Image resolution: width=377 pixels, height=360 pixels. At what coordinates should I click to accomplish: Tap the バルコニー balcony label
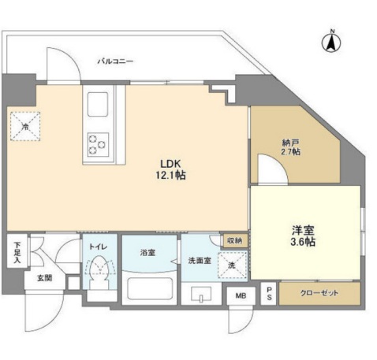click(116, 61)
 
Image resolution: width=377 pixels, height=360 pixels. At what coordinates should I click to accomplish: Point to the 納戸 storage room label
click(291, 142)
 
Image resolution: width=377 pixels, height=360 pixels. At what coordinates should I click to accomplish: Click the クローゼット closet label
click(319, 293)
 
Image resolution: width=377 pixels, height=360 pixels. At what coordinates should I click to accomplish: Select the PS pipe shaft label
click(268, 293)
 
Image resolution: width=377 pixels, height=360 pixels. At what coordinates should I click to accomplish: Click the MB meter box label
click(239, 296)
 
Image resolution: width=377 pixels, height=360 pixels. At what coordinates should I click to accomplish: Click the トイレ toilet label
click(97, 246)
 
